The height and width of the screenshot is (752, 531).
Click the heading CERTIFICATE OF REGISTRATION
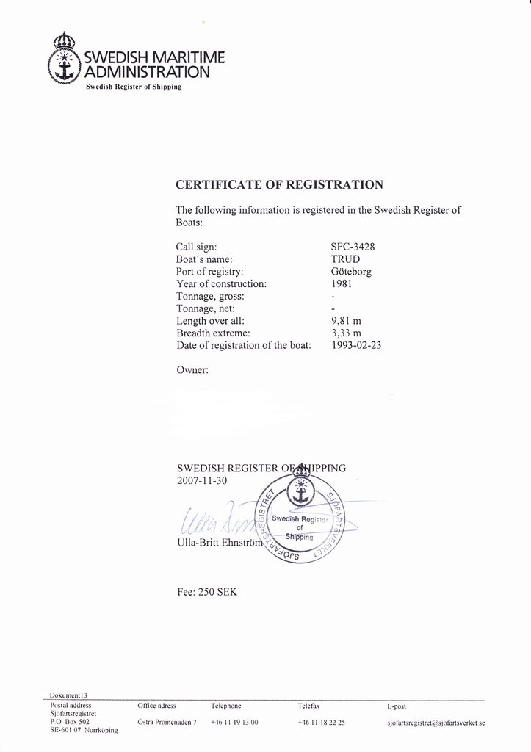[x=279, y=184]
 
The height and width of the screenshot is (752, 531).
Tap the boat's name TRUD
[x=345, y=259]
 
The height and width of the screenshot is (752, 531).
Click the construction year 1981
[x=342, y=283]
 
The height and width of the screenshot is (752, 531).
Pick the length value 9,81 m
[x=347, y=321]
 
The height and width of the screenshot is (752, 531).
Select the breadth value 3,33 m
[x=347, y=333]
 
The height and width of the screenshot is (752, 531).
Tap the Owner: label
[x=192, y=370]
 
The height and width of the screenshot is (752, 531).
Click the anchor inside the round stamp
[x=299, y=493]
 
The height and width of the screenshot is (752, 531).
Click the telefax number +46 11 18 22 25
[x=322, y=723]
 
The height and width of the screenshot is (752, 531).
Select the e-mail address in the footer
[x=436, y=723]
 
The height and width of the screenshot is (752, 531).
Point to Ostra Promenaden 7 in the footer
[x=167, y=723]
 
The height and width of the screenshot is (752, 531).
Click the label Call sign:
[x=197, y=247]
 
